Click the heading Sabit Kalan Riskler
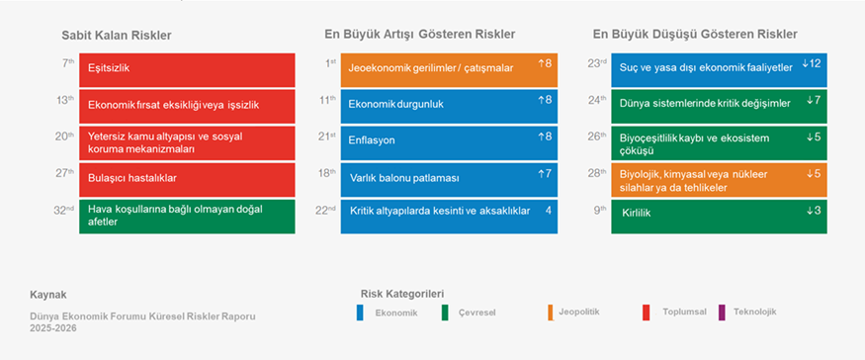pos(117,36)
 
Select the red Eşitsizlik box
pos(187,69)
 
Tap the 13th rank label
pos(64,100)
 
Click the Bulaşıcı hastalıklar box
pos(187,179)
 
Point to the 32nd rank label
pos(63,210)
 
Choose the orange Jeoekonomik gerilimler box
pos(449,69)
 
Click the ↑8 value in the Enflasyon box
pos(545,136)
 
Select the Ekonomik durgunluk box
pos(449,106)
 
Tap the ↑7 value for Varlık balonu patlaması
pos(545,174)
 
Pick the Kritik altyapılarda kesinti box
pos(449,217)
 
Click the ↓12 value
pos(812,63)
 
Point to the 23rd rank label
pos(597,63)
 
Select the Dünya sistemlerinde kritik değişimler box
pos(719,106)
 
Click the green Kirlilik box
pos(719,217)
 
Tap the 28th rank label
pos(597,173)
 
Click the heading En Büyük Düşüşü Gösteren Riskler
pos(695,35)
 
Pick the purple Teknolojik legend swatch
pos(722,312)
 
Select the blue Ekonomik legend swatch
pos(360,313)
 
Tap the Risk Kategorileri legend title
pos(402,294)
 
